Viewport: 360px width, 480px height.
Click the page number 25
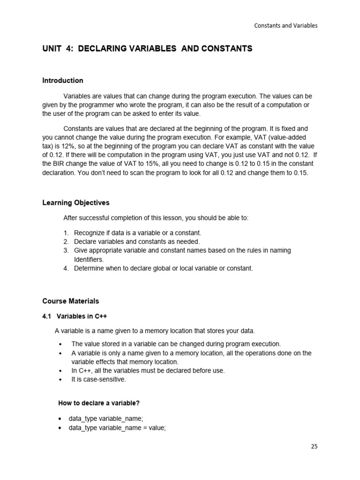314,446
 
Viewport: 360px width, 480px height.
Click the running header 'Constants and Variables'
285,26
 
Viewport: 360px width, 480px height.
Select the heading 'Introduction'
63,81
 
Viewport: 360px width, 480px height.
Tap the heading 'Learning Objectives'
76,203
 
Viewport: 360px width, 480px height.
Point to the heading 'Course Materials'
71,301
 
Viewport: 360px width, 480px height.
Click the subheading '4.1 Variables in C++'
75,316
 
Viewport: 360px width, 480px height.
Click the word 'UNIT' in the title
52,49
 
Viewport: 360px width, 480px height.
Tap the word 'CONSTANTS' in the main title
226,49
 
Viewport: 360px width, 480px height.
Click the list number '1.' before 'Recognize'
66,233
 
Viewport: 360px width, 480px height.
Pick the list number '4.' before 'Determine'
66,268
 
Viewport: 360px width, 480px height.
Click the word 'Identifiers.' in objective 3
89,259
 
